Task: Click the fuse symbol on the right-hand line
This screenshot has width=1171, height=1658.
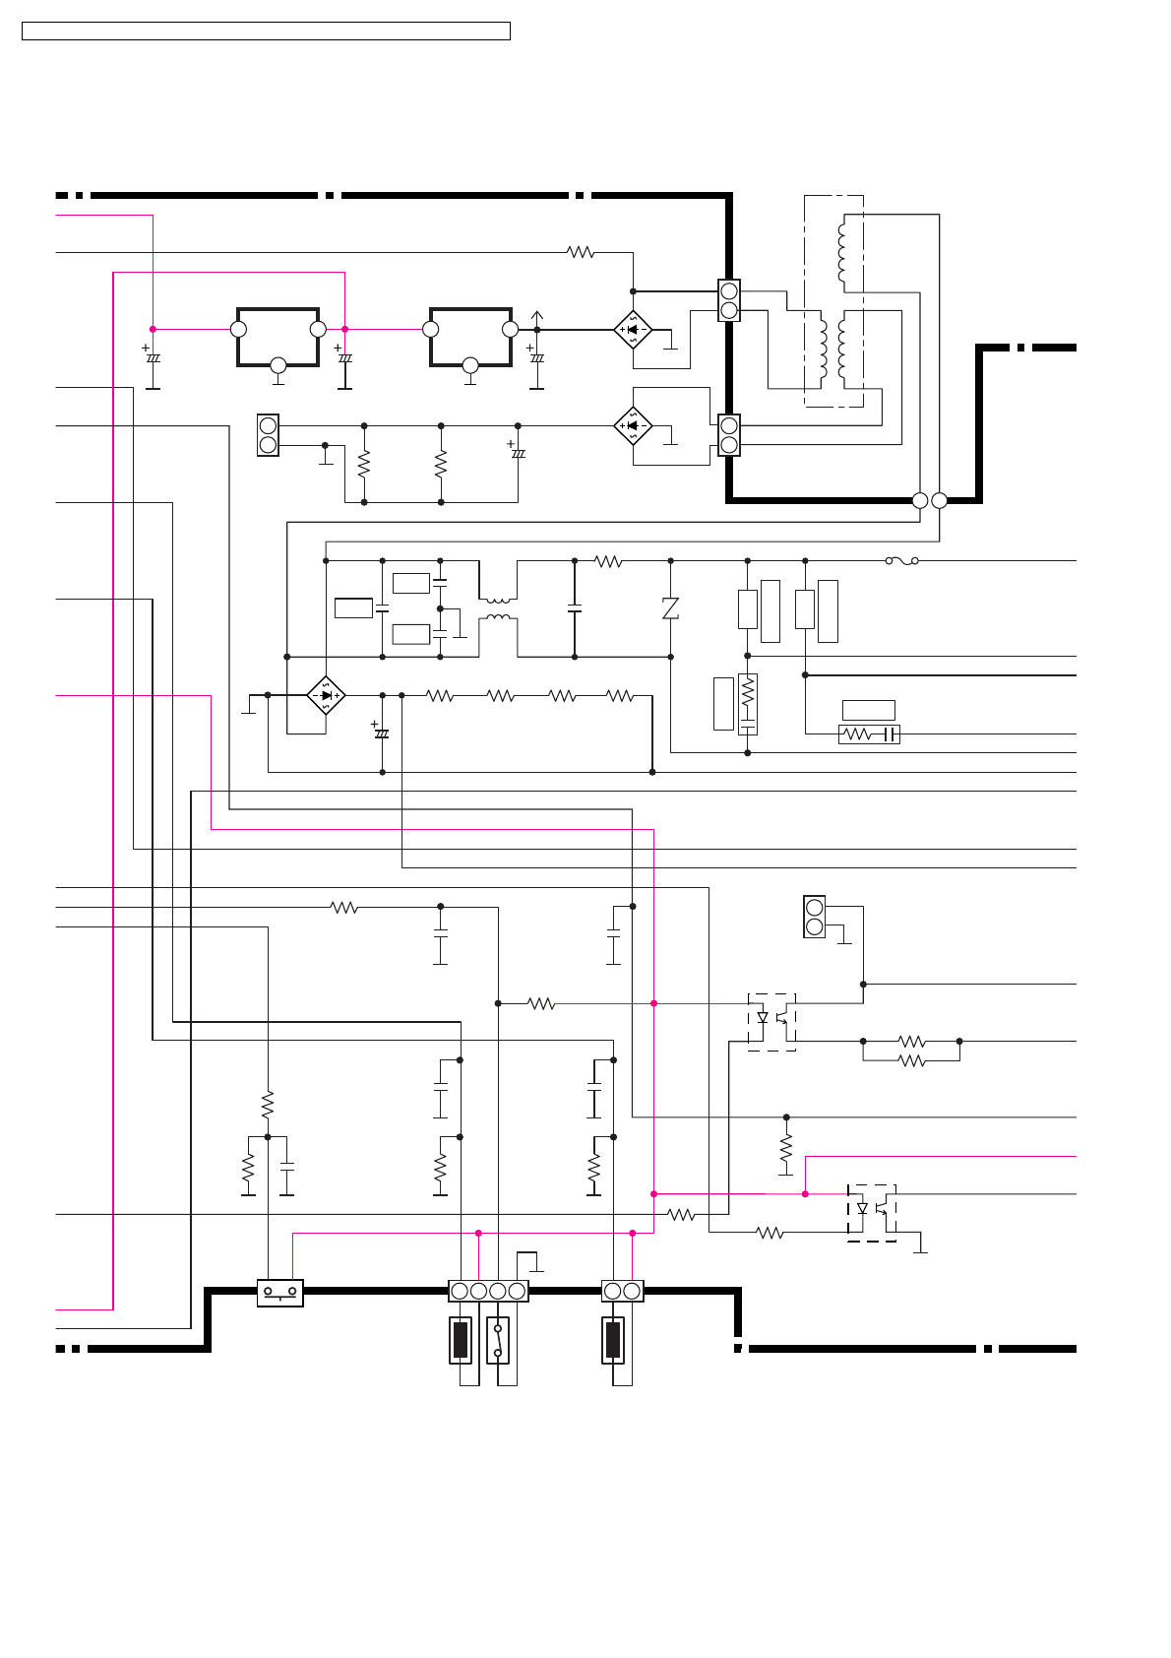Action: coord(901,560)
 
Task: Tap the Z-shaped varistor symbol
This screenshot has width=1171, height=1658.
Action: coord(670,608)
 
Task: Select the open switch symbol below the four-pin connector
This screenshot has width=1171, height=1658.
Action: coord(498,1340)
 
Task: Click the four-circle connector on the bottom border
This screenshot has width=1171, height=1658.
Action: coord(488,1291)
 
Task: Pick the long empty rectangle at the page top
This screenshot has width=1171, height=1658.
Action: coord(266,32)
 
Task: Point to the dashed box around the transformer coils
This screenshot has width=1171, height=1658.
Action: coord(833,300)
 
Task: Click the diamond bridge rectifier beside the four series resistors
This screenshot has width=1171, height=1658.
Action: coord(326,695)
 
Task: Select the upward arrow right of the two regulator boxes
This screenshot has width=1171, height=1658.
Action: coord(536,318)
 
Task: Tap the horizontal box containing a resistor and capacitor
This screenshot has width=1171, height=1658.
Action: coord(869,733)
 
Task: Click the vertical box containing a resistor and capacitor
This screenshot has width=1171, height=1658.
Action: coord(748,704)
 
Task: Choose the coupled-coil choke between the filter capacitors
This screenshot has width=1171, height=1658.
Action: coord(498,608)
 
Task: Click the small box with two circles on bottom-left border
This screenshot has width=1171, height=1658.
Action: coord(279,1292)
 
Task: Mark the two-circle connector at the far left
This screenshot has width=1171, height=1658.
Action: coord(268,435)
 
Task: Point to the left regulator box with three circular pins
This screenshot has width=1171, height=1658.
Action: coord(277,337)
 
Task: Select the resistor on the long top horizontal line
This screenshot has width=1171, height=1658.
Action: coord(581,252)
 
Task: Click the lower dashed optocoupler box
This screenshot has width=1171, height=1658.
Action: coord(872,1212)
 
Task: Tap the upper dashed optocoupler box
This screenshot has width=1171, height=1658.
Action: coord(772,1022)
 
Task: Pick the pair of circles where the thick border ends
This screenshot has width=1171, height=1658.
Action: coord(929,500)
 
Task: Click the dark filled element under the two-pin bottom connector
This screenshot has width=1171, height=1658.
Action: coord(613,1340)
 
